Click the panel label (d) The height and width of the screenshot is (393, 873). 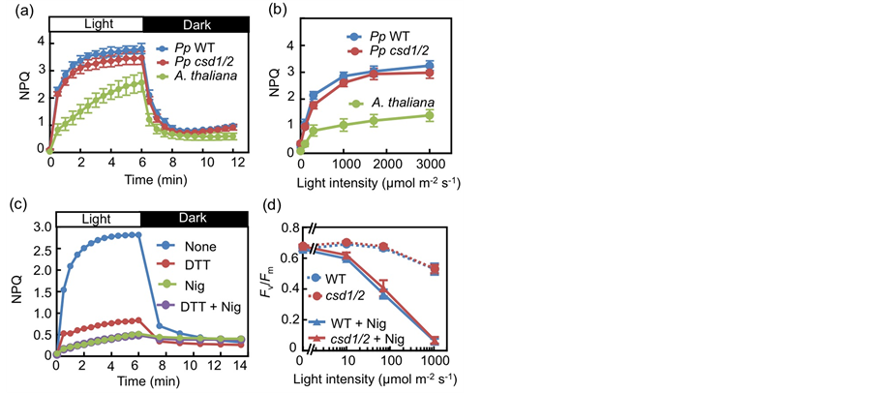[x=278, y=205]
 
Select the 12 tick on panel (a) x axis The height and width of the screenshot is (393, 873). [x=233, y=165]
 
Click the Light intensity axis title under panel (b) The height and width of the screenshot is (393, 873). [x=366, y=183]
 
